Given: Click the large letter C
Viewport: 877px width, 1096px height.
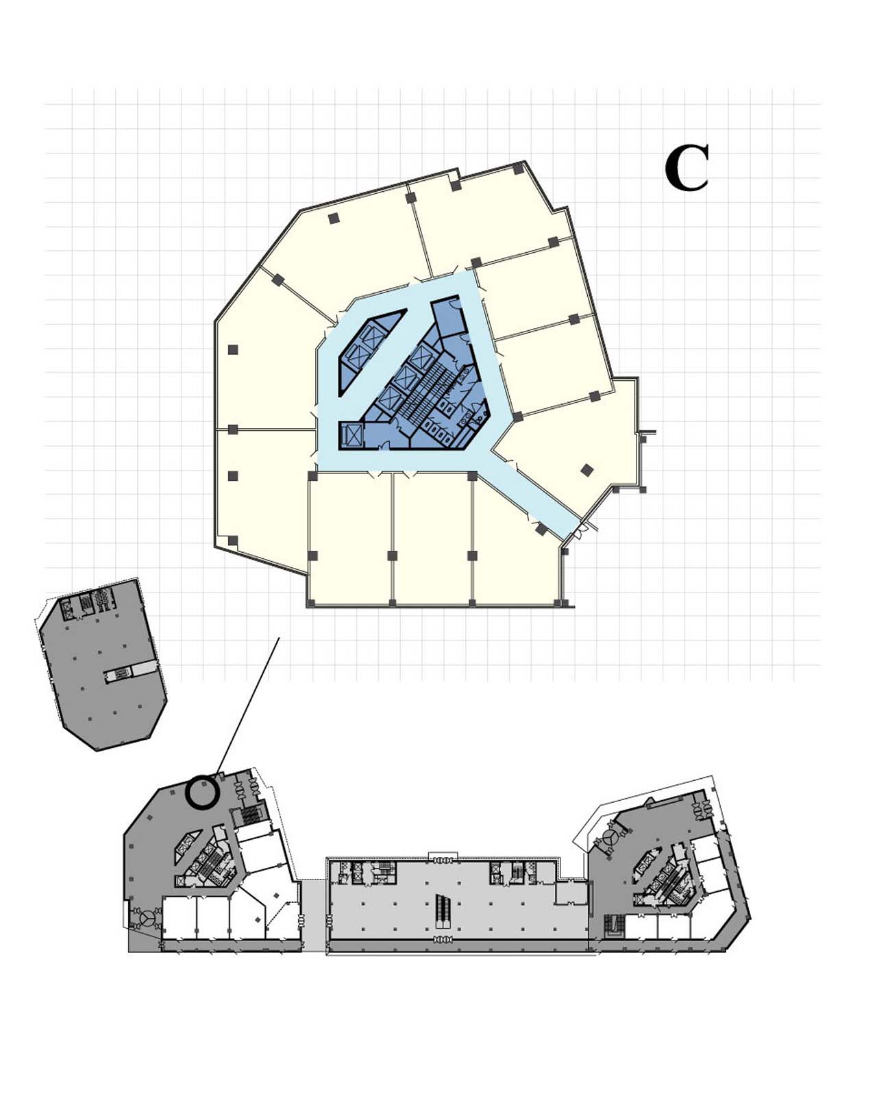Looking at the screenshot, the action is (x=687, y=168).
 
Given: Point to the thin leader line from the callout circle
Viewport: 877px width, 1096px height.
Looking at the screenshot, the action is (x=247, y=708).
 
